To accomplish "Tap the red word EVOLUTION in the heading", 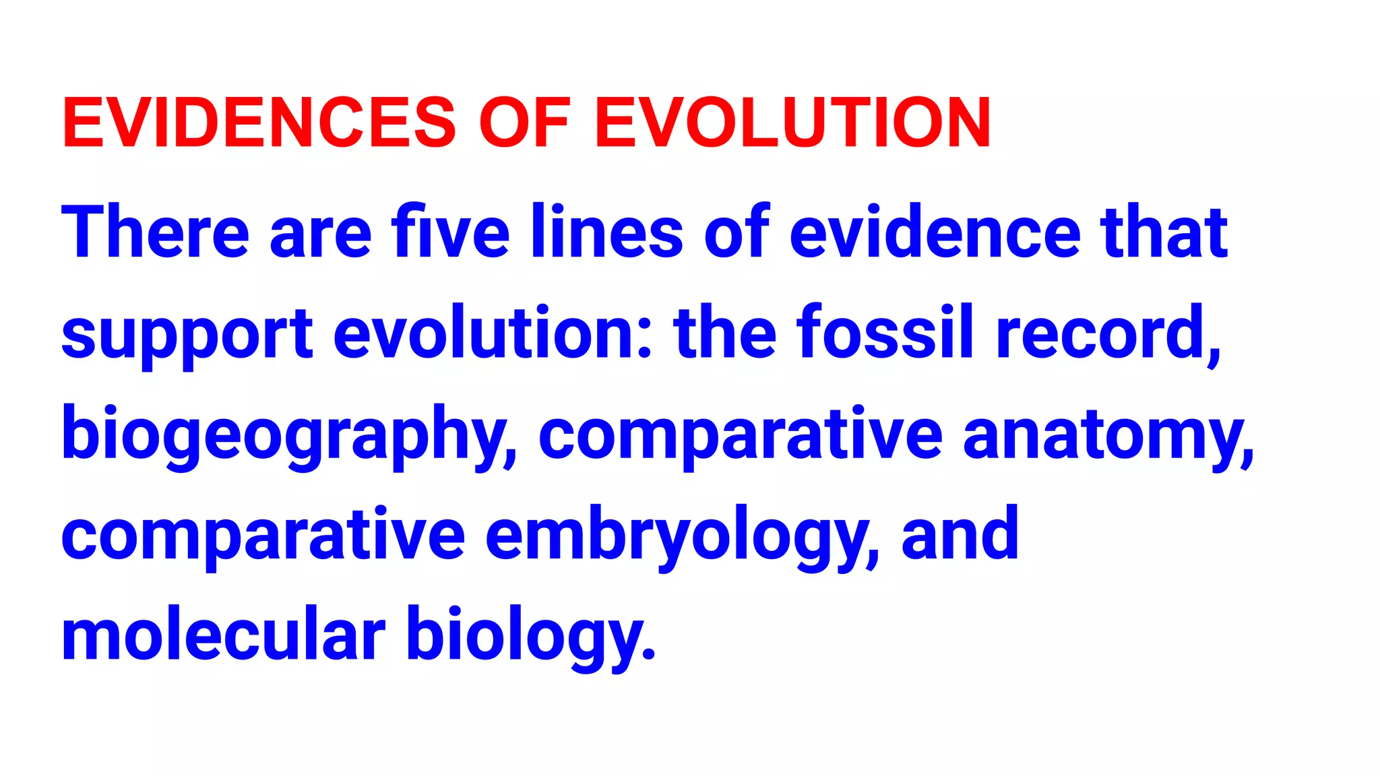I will pyautogui.click(x=792, y=123).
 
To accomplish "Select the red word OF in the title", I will pyautogui.click(x=525, y=123).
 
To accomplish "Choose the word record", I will pyautogui.click(x=1106, y=333).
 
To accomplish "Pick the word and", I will pyautogui.click(x=960, y=535).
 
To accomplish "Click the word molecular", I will pyautogui.click(x=223, y=636).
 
